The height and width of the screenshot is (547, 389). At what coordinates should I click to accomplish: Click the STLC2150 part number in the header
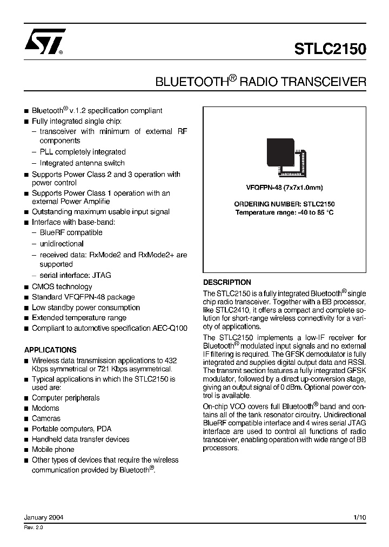pyautogui.click(x=330, y=49)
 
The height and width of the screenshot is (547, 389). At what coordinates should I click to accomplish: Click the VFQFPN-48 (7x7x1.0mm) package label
pyautogui.click(x=284, y=188)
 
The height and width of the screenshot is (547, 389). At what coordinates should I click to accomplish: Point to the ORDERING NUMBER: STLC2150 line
pyautogui.click(x=284, y=204)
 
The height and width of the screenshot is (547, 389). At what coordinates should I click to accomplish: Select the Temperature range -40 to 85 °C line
pyautogui.click(x=284, y=212)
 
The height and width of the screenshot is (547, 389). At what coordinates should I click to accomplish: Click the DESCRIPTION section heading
pyautogui.click(x=227, y=282)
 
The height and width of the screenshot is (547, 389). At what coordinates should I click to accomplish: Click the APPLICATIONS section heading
pyautogui.click(x=50, y=350)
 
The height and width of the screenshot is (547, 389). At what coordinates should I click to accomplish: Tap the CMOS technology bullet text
pyautogui.click(x=62, y=286)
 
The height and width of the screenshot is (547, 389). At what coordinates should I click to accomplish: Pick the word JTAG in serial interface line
pyautogui.click(x=102, y=275)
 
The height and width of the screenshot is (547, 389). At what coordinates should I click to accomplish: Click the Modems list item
pyautogui.click(x=45, y=408)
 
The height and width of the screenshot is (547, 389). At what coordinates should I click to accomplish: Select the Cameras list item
pyautogui.click(x=46, y=418)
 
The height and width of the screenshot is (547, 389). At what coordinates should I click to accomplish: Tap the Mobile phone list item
pyautogui.click(x=53, y=449)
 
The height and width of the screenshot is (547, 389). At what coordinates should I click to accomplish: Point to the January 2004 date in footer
pyautogui.click(x=44, y=517)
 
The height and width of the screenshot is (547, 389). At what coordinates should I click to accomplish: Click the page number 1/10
pyautogui.click(x=359, y=517)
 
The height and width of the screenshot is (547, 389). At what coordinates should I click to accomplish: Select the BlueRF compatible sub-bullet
pyautogui.click(x=71, y=232)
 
